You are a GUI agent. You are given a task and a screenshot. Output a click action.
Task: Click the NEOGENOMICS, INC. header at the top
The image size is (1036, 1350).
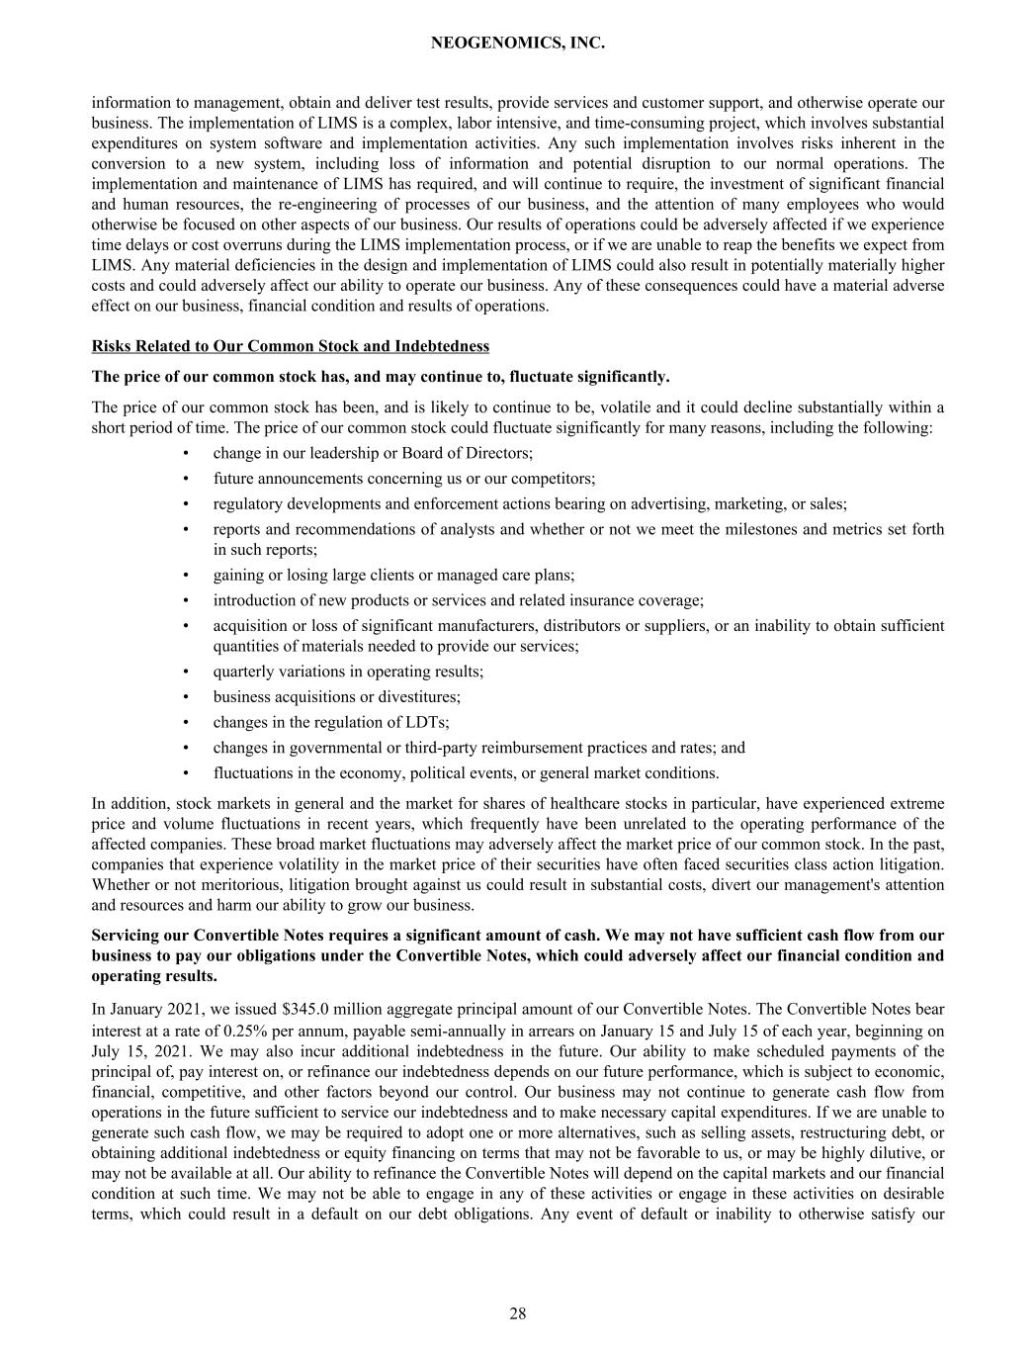pos(518,44)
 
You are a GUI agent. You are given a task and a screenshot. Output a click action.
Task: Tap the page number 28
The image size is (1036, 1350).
pos(518,1313)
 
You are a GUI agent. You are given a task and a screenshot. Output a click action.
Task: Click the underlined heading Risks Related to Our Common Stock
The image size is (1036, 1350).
pos(290,346)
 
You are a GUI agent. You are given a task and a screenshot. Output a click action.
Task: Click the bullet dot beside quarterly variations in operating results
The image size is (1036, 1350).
pos(186,672)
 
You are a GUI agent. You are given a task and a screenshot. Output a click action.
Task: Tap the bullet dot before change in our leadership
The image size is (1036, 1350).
pos(186,453)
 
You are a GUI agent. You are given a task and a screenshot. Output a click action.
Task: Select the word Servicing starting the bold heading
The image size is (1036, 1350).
pos(126,936)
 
